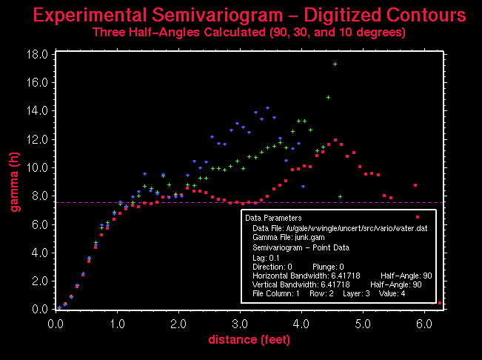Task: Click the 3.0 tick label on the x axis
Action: [x=239, y=324]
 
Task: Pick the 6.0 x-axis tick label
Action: [x=424, y=324]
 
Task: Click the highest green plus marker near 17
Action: [x=335, y=64]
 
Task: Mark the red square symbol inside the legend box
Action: [x=418, y=218]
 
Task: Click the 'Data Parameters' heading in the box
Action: [x=273, y=219]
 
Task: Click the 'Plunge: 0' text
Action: [x=326, y=266]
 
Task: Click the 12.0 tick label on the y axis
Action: [x=38, y=140]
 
